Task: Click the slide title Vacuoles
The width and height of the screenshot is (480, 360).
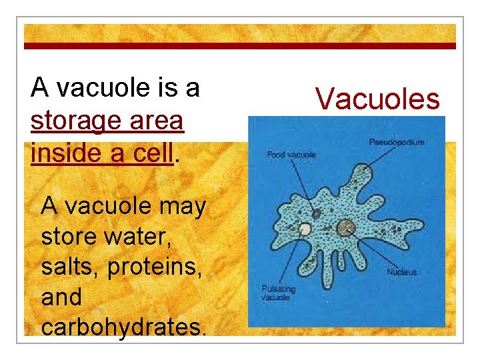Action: [x=377, y=99]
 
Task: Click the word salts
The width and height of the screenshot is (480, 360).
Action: [x=69, y=267]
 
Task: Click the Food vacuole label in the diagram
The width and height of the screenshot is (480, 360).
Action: [x=291, y=155]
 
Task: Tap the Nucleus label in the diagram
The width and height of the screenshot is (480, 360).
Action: [x=401, y=272]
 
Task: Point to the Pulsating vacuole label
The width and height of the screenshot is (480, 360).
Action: [x=278, y=293]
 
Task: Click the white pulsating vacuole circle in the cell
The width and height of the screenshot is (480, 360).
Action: [x=305, y=229]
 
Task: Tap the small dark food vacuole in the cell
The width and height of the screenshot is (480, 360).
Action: [x=316, y=214]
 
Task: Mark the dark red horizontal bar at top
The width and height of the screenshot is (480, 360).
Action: [x=240, y=46]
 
